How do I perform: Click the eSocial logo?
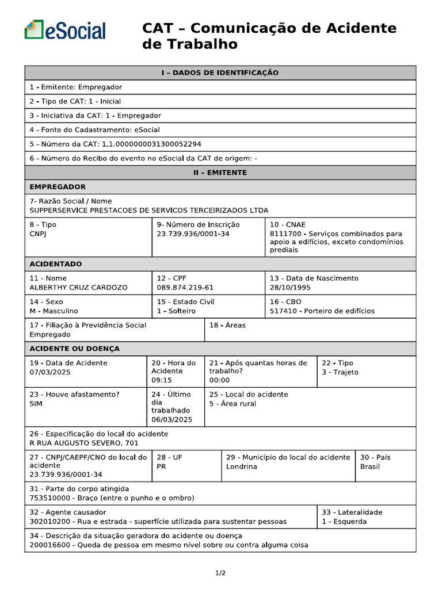click(x=65, y=30)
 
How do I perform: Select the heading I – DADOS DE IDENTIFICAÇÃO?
click(x=220, y=73)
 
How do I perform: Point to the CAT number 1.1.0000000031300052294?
click(x=151, y=144)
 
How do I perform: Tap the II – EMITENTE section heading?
click(x=220, y=173)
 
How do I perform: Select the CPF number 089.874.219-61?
click(x=185, y=288)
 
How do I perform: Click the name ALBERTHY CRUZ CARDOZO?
click(x=78, y=288)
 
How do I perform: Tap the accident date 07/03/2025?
click(x=49, y=372)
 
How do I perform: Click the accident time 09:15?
click(x=161, y=380)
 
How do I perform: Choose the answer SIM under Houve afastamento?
click(x=36, y=404)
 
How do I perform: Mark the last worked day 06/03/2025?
click(x=172, y=419)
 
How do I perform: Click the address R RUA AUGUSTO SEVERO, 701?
click(x=84, y=443)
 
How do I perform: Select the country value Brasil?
click(x=370, y=466)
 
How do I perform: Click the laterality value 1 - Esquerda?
click(x=344, y=522)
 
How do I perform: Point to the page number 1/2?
click(x=220, y=573)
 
